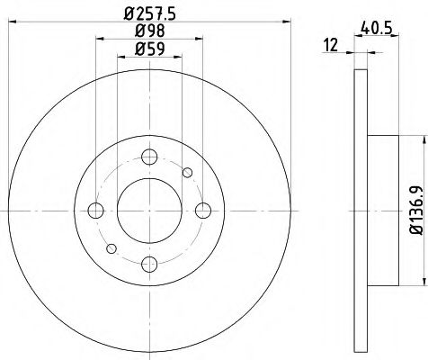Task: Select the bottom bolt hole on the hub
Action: [x=150, y=263]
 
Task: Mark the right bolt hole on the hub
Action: [x=202, y=211]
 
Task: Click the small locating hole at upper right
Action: [x=187, y=173]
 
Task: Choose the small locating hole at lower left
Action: [x=112, y=247]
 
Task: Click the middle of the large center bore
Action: [x=150, y=211]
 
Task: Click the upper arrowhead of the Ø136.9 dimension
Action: [x=419, y=140]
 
